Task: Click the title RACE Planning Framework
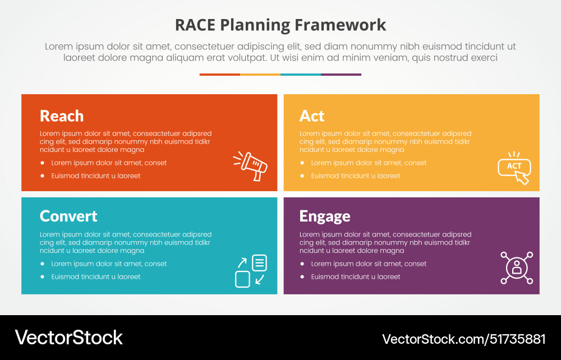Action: click(x=280, y=25)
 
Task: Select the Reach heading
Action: click(x=62, y=116)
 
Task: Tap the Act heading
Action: click(x=312, y=116)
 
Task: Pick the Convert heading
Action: click(x=68, y=216)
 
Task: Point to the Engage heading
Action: click(x=325, y=216)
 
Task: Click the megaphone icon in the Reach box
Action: click(x=250, y=166)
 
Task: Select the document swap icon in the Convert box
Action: click(x=251, y=271)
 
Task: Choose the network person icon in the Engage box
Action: click(x=517, y=267)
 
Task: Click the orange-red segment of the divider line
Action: click(x=220, y=75)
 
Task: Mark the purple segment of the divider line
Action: click(x=341, y=75)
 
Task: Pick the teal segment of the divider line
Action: click(x=301, y=75)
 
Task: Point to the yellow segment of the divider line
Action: click(x=260, y=75)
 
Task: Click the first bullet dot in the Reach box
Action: click(x=43, y=163)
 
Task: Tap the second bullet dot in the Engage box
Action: click(x=302, y=277)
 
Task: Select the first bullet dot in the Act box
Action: click(x=302, y=163)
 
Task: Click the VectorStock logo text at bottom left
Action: click(x=69, y=338)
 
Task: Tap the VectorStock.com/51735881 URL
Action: click(x=464, y=339)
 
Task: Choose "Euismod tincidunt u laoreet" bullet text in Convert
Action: click(x=96, y=277)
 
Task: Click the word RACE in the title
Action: click(x=195, y=25)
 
